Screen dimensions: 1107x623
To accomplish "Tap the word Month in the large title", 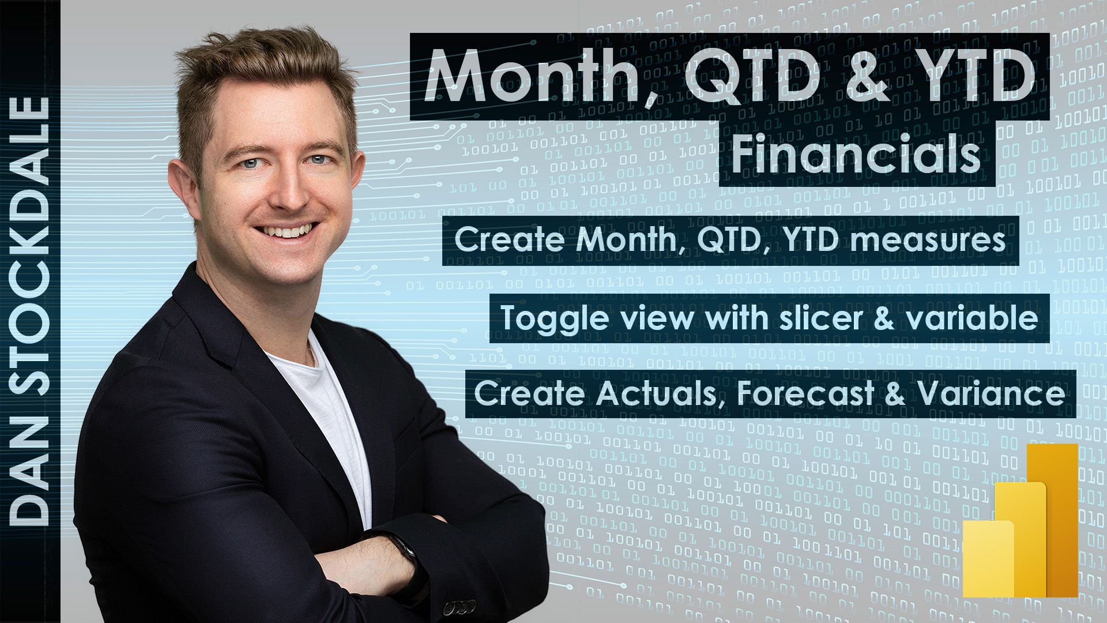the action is [x=533, y=77].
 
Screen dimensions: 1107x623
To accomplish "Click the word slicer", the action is [x=823, y=318].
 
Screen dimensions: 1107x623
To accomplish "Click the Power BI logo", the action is [x=1020, y=520].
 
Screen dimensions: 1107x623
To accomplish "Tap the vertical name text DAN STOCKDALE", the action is [x=31, y=311].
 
